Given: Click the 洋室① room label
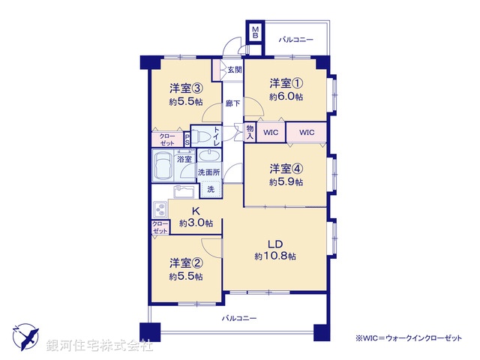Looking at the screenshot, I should [286, 85].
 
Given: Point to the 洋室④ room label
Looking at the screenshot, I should [286, 168].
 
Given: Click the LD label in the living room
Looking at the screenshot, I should [275, 244].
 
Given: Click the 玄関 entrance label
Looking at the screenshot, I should [235, 70].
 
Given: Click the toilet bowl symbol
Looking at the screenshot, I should [200, 136].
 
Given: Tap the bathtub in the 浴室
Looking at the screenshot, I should [162, 166].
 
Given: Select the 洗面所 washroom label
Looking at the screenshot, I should [209, 172].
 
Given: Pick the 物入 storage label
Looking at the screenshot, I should [250, 132].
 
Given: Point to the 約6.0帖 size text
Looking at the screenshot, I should [286, 97].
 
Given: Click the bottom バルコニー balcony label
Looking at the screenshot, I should [238, 319].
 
